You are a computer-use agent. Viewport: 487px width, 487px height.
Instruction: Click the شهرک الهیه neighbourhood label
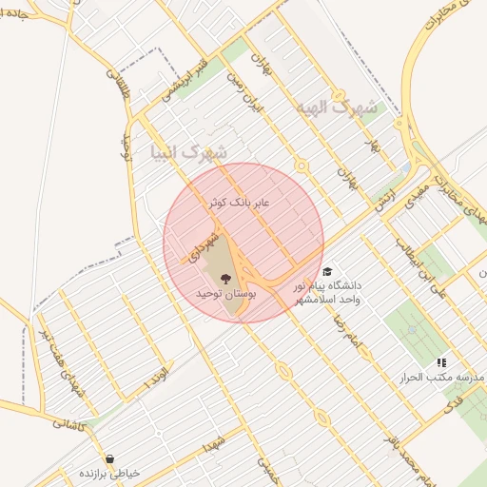point(336,107)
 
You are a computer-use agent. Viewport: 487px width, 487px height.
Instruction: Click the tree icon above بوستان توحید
point(225,279)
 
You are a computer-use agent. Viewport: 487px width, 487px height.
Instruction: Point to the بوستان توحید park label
point(225,295)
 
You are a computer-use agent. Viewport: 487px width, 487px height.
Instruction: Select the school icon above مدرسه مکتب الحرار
point(441,362)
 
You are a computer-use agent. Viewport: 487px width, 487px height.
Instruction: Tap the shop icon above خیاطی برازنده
point(110,458)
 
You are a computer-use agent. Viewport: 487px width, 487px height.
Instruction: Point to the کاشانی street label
point(68,428)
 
